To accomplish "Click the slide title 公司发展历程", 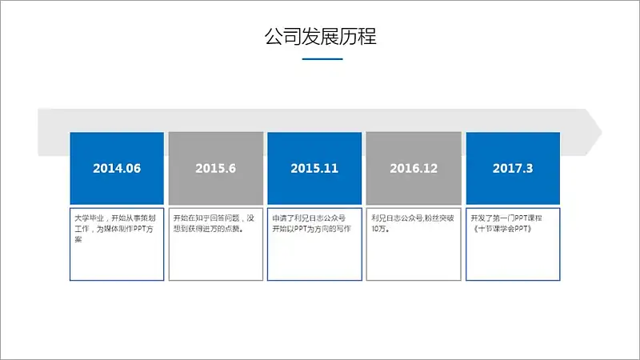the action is tap(321, 36).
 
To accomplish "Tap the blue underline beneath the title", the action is tap(322, 59).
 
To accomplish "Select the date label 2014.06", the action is tap(117, 168).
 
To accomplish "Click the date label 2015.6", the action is tap(215, 168).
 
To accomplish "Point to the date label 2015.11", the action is tap(314, 168).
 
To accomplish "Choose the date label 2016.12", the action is tap(414, 168).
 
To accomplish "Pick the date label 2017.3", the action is tap(513, 168).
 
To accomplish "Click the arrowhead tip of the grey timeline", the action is tap(602, 132).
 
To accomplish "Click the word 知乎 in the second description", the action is tap(203, 218).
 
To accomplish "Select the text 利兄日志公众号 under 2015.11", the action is tap(321, 218).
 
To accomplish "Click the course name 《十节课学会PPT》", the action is tap(502, 229).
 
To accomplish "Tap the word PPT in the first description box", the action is tap(139, 229).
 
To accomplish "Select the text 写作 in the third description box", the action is tap(343, 229).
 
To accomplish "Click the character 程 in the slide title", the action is tap(367, 36).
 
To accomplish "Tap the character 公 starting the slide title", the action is tap(274, 36).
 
